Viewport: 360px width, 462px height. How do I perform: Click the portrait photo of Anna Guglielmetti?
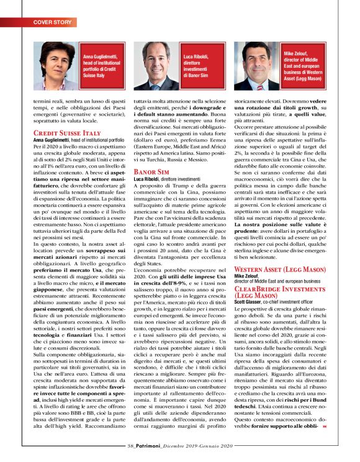pyautogui.click(x=61, y=66)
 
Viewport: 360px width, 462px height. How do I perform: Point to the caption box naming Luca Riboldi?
pyautogui.click(x=202, y=66)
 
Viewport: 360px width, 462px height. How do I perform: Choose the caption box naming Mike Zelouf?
pyautogui.click(x=304, y=66)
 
